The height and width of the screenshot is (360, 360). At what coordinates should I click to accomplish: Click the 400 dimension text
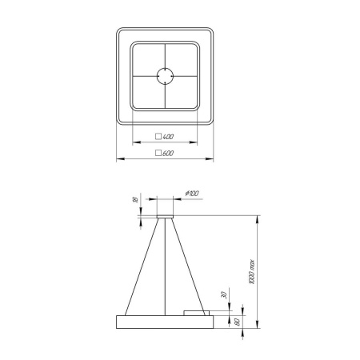point(169,138)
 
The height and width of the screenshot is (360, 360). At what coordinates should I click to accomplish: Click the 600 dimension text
point(169,152)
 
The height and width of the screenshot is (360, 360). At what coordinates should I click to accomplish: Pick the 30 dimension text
point(224,294)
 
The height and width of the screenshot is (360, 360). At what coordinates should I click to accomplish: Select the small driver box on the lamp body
point(198,313)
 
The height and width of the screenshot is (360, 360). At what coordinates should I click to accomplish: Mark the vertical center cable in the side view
point(166,267)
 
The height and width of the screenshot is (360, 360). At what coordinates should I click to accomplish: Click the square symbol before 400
point(158,138)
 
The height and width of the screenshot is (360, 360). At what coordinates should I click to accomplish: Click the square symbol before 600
point(158,152)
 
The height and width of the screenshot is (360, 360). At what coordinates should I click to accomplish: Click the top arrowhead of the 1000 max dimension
point(257,216)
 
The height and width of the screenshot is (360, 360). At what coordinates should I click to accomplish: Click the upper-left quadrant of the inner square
point(148,62)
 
